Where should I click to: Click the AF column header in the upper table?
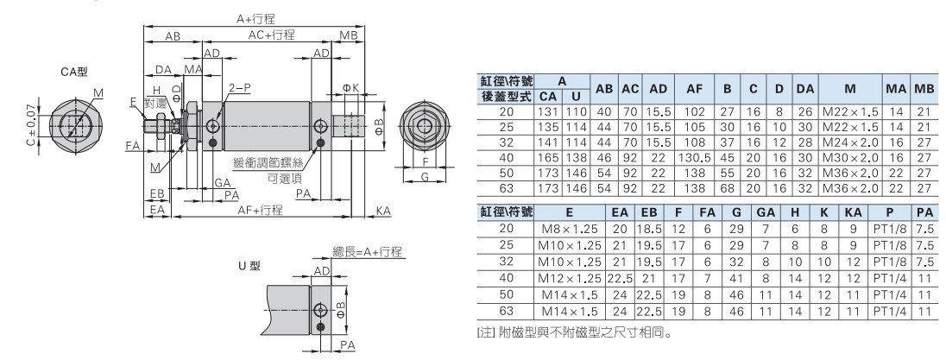[695, 89]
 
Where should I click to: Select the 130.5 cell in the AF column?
[695, 157]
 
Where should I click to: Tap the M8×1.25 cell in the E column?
[570, 229]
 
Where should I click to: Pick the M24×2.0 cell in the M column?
[849, 143]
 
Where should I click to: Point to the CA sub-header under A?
[548, 97]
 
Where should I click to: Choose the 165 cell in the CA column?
[548, 157]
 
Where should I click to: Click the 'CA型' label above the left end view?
[74, 72]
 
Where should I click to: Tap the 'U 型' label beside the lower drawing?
[249, 265]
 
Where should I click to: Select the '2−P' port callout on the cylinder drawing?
[239, 88]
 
